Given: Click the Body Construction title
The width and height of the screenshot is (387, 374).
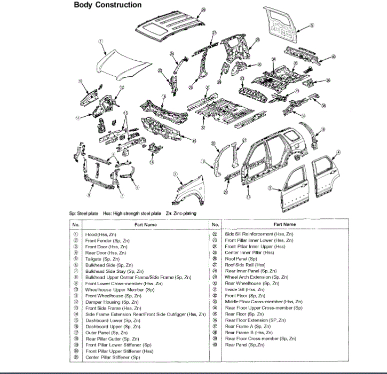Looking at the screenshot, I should pyautogui.click(x=107, y=5).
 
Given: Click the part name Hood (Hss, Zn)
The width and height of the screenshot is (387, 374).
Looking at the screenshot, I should pyautogui.click(x=106, y=234).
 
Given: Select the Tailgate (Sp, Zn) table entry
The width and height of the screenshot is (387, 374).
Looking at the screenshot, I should pyautogui.click(x=102, y=259).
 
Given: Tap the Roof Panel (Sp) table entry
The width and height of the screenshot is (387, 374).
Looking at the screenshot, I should pyautogui.click(x=241, y=259).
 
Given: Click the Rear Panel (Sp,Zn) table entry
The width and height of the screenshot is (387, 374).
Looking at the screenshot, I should pyautogui.click(x=245, y=345).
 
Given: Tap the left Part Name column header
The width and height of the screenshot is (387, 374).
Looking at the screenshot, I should pyautogui.click(x=145, y=224).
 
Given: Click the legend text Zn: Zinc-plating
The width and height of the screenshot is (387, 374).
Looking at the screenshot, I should pyautogui.click(x=181, y=213).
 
